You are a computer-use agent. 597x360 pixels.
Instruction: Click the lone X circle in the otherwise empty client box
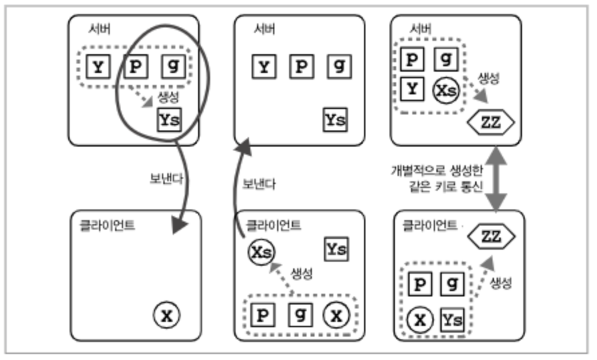pos(167,315)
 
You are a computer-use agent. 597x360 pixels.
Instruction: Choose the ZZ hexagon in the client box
pos(491,236)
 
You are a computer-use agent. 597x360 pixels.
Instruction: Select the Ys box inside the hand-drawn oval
pos(169,120)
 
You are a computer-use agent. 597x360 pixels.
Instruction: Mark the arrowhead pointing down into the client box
pos(177,226)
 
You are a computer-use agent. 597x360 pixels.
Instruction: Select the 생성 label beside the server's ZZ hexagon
pos(489,79)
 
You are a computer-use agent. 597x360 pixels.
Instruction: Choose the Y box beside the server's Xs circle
pos(413,88)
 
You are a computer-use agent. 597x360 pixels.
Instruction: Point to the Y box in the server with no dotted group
pos(265,67)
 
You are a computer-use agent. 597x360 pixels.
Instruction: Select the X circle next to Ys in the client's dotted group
pos(419,319)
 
